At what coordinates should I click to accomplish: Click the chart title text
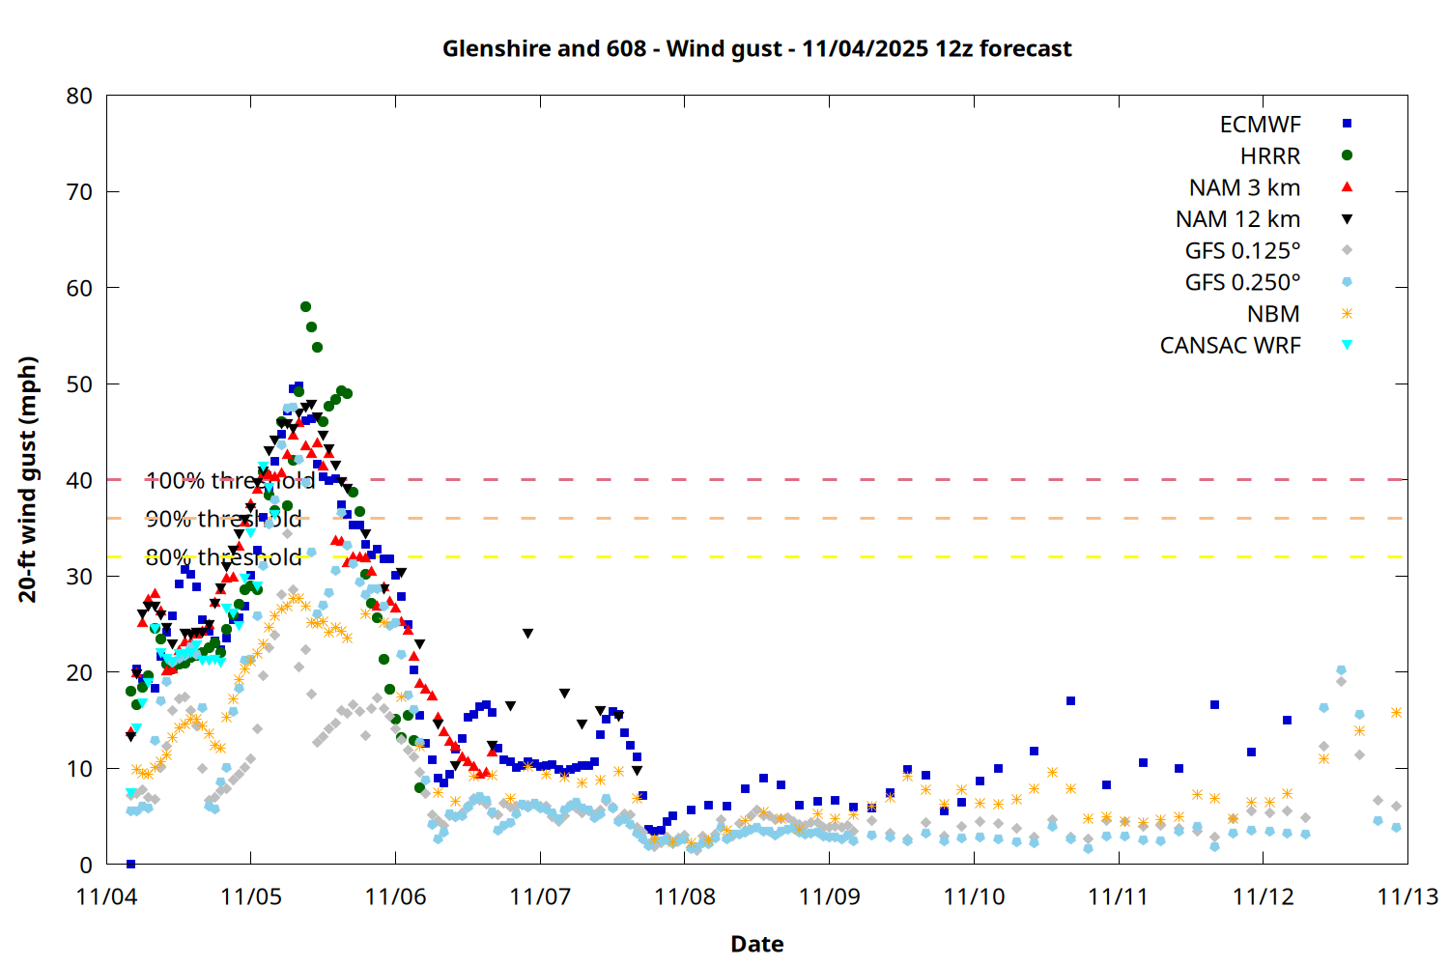(x=756, y=48)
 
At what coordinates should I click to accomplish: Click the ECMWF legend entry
(x=1260, y=125)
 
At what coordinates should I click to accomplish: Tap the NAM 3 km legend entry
(x=1244, y=187)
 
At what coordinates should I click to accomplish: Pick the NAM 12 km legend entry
(x=1237, y=219)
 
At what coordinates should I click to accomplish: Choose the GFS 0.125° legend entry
(x=1242, y=251)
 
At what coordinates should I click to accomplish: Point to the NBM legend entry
(x=1273, y=314)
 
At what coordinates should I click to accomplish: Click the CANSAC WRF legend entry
(x=1230, y=346)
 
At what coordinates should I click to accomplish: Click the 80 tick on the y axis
(x=80, y=96)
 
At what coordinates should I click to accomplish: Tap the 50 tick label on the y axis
(x=80, y=384)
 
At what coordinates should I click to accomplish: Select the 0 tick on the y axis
(x=87, y=865)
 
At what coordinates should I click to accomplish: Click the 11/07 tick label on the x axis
(x=540, y=896)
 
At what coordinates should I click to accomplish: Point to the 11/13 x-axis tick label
(x=1406, y=896)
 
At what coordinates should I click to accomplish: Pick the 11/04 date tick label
(x=106, y=896)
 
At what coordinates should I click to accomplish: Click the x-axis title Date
(x=756, y=944)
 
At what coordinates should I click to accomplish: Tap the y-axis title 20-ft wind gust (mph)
(x=28, y=479)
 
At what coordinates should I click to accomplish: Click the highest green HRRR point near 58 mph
(x=305, y=307)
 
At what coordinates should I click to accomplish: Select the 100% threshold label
(x=230, y=480)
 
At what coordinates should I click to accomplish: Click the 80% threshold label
(x=223, y=557)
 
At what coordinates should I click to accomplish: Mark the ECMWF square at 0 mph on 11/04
(x=130, y=864)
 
